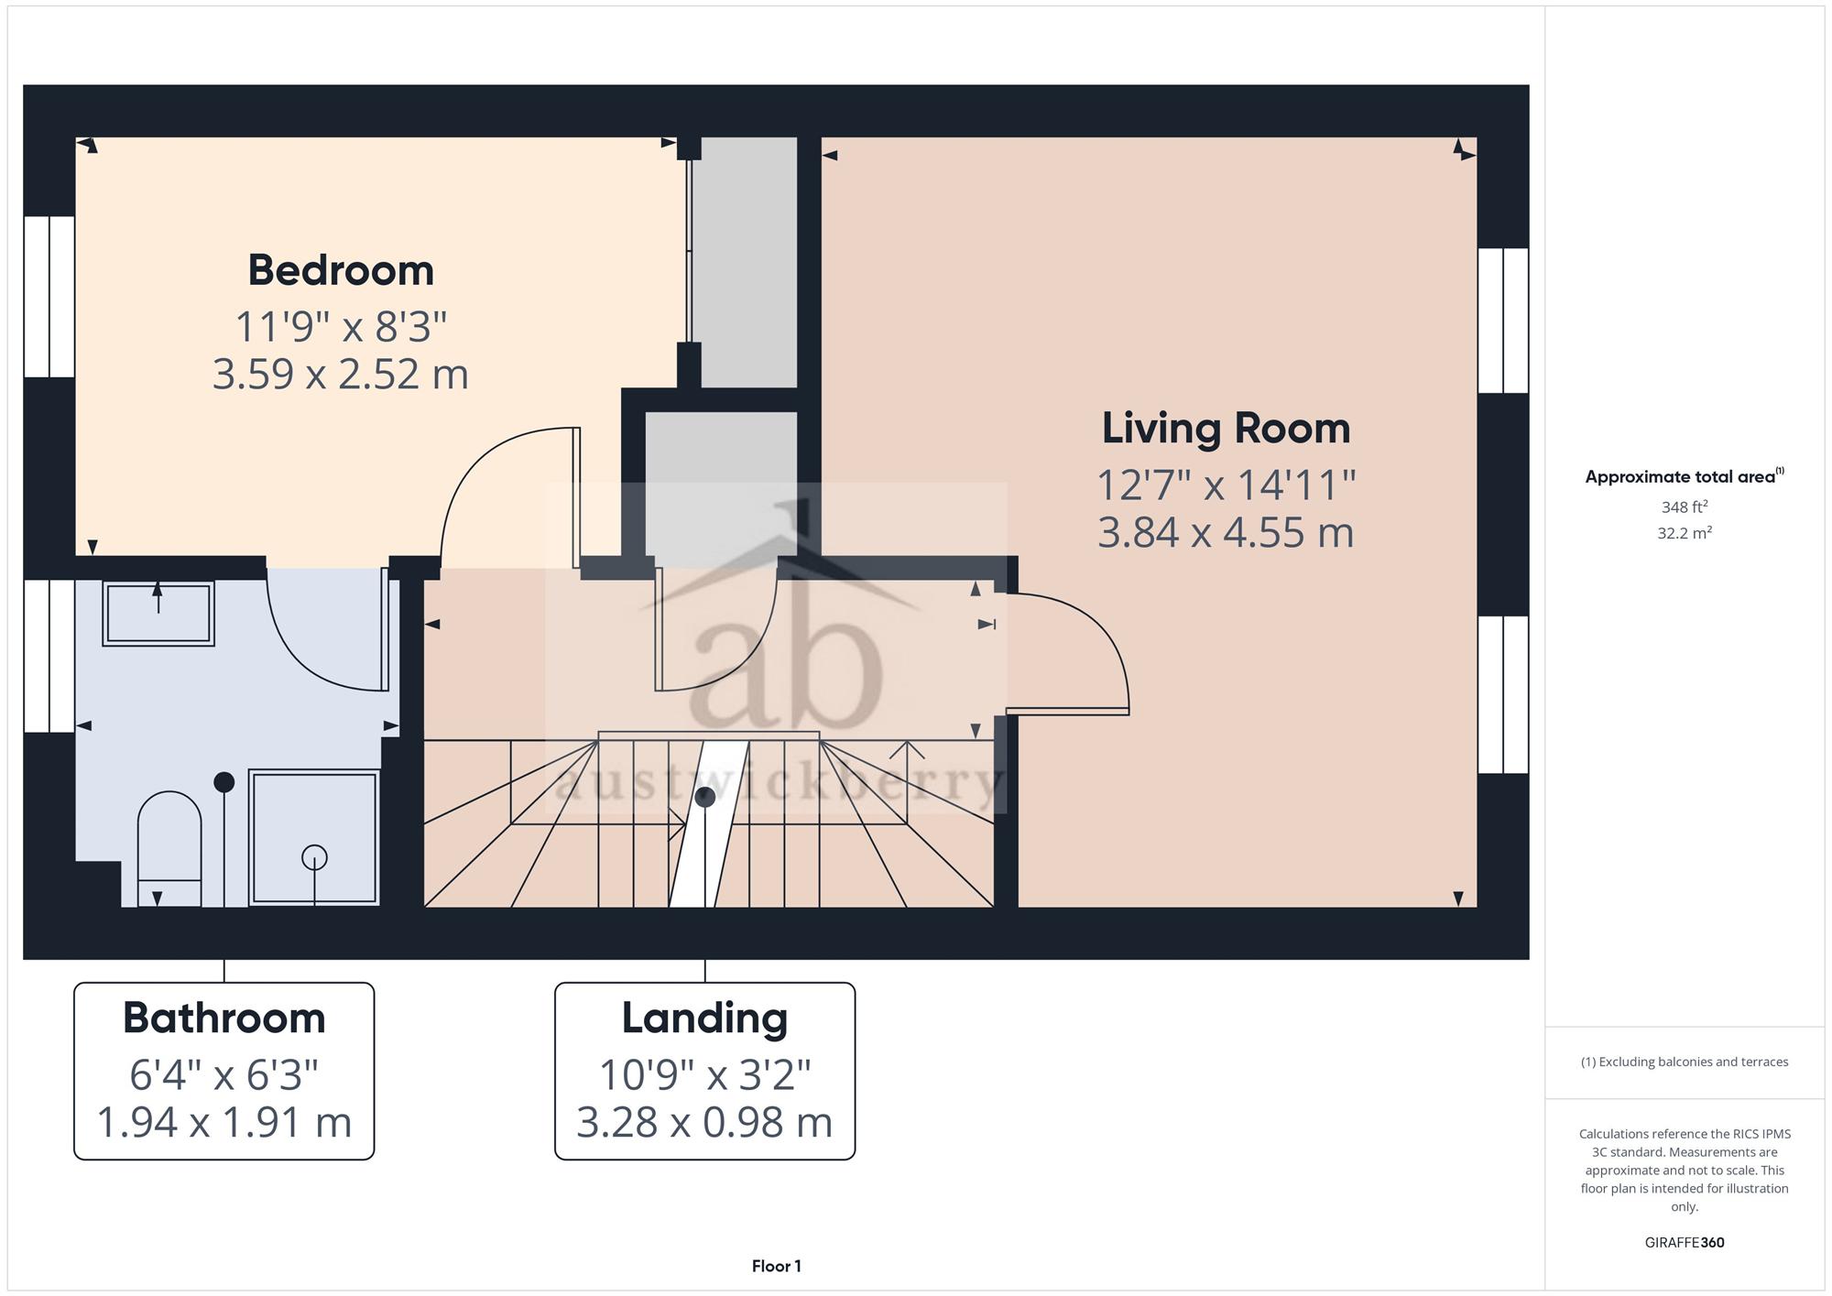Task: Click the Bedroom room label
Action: click(341, 270)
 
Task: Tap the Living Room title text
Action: click(1226, 429)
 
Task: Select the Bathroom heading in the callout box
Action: click(224, 1018)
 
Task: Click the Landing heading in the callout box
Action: click(704, 1018)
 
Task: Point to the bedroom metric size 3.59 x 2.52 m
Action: click(341, 374)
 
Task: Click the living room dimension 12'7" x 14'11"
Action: click(1226, 485)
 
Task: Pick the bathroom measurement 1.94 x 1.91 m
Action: click(224, 1122)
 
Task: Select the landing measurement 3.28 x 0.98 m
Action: click(704, 1122)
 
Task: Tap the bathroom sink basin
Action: click(158, 614)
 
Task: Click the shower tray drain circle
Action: click(314, 858)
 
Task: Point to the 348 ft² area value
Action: click(1684, 506)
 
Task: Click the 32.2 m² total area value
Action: click(1684, 532)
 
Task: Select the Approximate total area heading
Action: click(1684, 476)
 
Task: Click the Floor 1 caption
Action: click(776, 1266)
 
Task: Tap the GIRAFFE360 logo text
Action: click(1684, 1242)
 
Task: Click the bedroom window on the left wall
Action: click(49, 297)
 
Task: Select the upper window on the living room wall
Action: click(1503, 321)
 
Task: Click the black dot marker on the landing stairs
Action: click(704, 797)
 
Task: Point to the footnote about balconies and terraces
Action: click(1684, 1062)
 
